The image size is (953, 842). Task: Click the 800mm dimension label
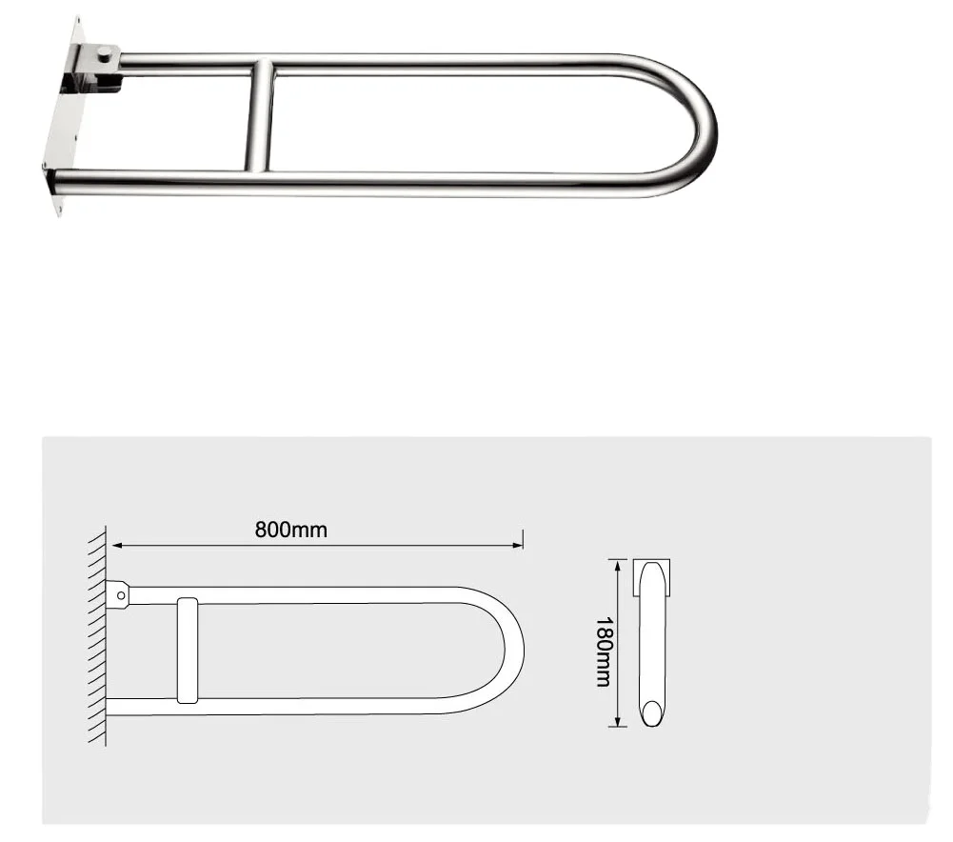click(x=290, y=530)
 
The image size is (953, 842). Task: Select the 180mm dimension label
click(x=604, y=652)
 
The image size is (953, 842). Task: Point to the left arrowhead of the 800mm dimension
click(x=116, y=546)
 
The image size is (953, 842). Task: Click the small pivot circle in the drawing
click(x=121, y=595)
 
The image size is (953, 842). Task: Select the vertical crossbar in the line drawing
click(x=187, y=651)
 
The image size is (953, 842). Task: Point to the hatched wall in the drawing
click(x=97, y=638)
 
